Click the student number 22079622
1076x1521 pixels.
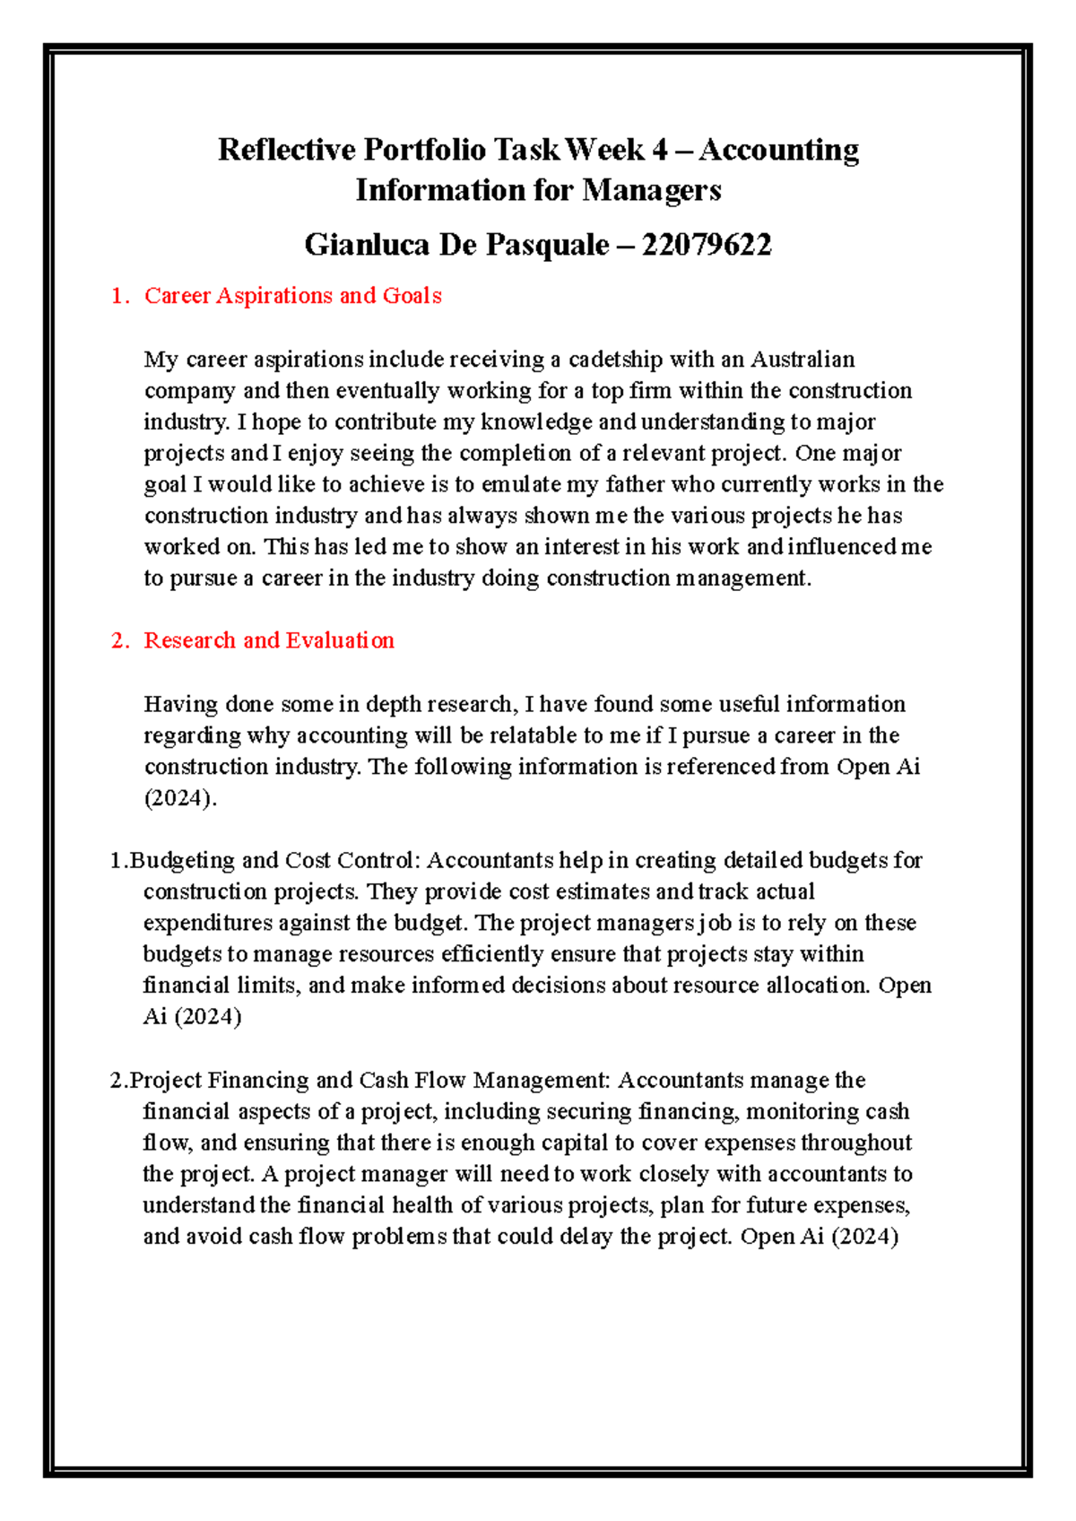pyautogui.click(x=707, y=245)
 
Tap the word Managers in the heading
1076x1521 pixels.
pyautogui.click(x=652, y=190)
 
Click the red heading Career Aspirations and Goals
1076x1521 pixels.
pyautogui.click(x=292, y=296)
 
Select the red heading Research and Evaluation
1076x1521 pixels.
pyautogui.click(x=269, y=640)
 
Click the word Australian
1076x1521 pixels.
pyautogui.click(x=803, y=360)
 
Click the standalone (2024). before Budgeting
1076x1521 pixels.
pyautogui.click(x=180, y=798)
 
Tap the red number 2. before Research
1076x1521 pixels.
pyautogui.click(x=119, y=640)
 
